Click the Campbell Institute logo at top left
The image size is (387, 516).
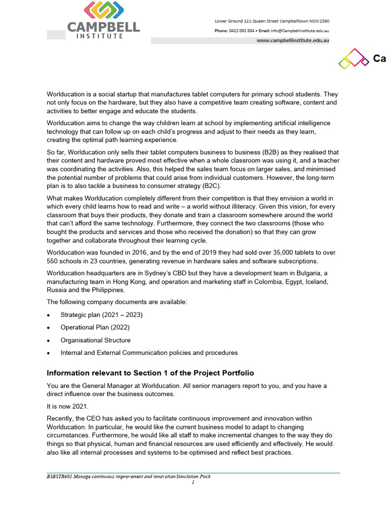[x=104, y=20]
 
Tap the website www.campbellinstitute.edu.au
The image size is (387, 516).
[x=293, y=41]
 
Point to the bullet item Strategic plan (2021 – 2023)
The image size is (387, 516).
[x=101, y=314]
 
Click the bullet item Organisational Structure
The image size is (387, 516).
[x=95, y=340]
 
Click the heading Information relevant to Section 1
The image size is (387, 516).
[x=150, y=373]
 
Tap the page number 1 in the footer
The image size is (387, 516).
[x=192, y=482]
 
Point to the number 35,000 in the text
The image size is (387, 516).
[x=271, y=252]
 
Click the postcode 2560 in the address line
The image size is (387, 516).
[x=324, y=21]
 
